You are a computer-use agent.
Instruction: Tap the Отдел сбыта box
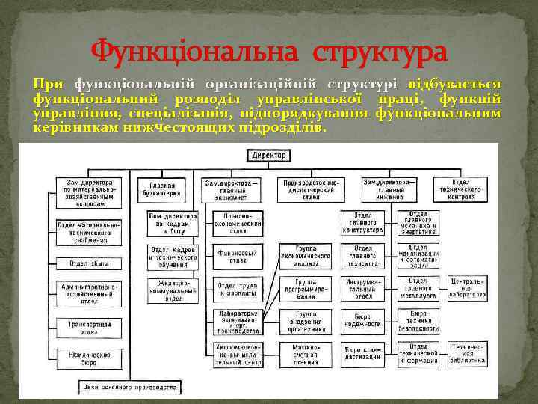[x=89, y=263]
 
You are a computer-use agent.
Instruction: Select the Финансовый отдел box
[x=237, y=258]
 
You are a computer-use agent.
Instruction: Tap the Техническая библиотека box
[x=469, y=352]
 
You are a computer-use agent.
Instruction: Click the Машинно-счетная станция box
[x=306, y=352]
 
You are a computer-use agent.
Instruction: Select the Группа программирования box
[x=306, y=288]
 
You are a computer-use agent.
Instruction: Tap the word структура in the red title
[x=381, y=54]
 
